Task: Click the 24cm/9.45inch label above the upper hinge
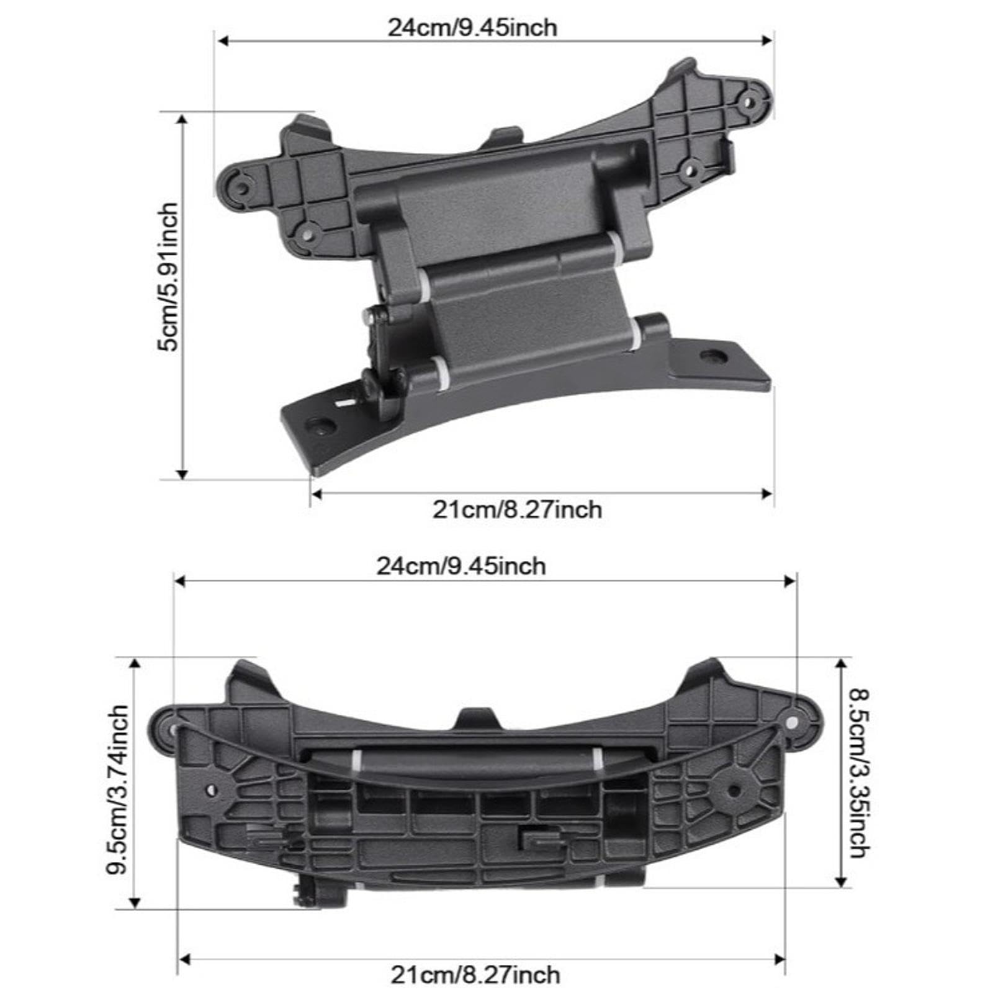pyautogui.click(x=472, y=28)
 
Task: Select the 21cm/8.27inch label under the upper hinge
pyautogui.click(x=517, y=510)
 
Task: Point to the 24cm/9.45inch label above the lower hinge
pyautogui.click(x=461, y=567)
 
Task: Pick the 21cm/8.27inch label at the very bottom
pyautogui.click(x=475, y=975)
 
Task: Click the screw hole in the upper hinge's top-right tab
pyautogui.click(x=752, y=101)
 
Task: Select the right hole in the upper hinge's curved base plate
pyautogui.click(x=714, y=356)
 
